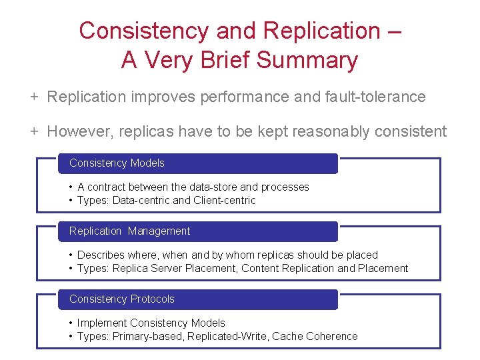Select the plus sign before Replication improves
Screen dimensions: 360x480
pos(33,97)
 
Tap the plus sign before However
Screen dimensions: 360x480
pos(33,131)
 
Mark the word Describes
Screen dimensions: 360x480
pos(101,255)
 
